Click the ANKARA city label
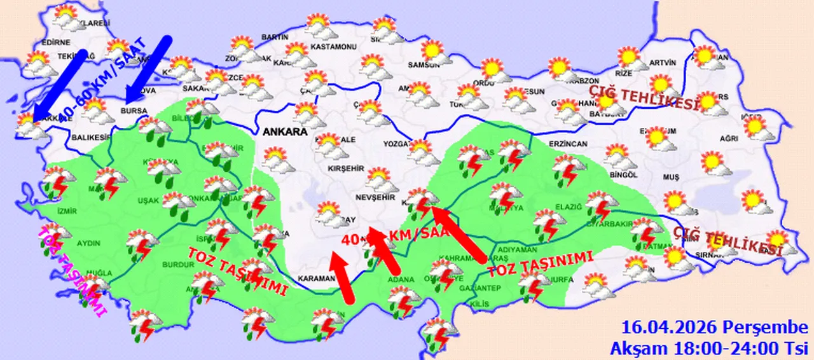283,132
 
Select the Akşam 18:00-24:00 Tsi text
708,348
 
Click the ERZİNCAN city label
570,144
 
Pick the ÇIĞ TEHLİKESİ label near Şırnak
728,242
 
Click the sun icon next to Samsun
433,51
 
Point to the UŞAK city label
148,201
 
